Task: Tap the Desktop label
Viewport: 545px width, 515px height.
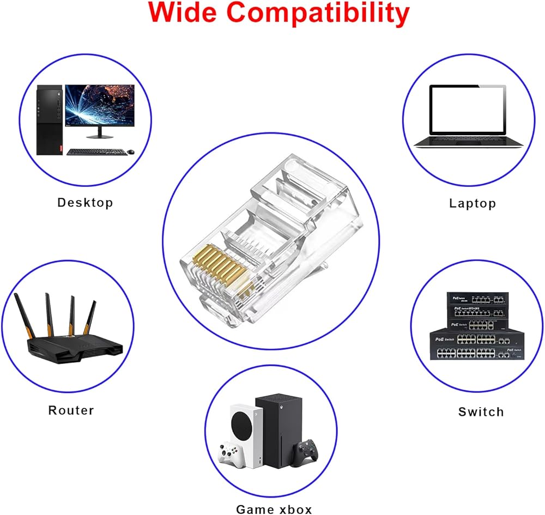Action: (x=85, y=203)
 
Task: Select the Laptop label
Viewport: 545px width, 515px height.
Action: (x=473, y=204)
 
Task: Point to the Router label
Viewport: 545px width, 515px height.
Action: (x=71, y=410)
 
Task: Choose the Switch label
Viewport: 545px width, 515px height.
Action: (x=481, y=412)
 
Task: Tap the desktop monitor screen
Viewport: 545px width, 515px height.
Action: (x=99, y=105)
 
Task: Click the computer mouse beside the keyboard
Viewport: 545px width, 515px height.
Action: (x=131, y=152)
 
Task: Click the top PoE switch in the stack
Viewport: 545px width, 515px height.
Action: (x=477, y=299)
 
